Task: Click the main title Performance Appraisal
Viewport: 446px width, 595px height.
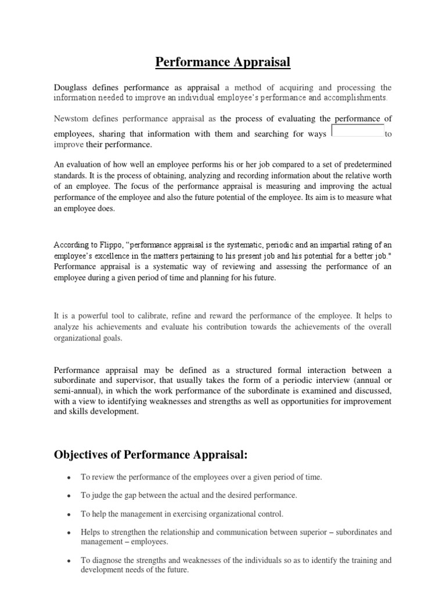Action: [222, 62]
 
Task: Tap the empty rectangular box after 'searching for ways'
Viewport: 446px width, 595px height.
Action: [357, 131]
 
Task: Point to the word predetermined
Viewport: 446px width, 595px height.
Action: [363, 164]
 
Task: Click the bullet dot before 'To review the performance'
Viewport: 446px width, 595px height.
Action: [69, 478]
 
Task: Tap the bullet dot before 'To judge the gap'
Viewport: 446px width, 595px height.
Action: [69, 496]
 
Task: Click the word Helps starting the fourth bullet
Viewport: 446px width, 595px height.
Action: [90, 532]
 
